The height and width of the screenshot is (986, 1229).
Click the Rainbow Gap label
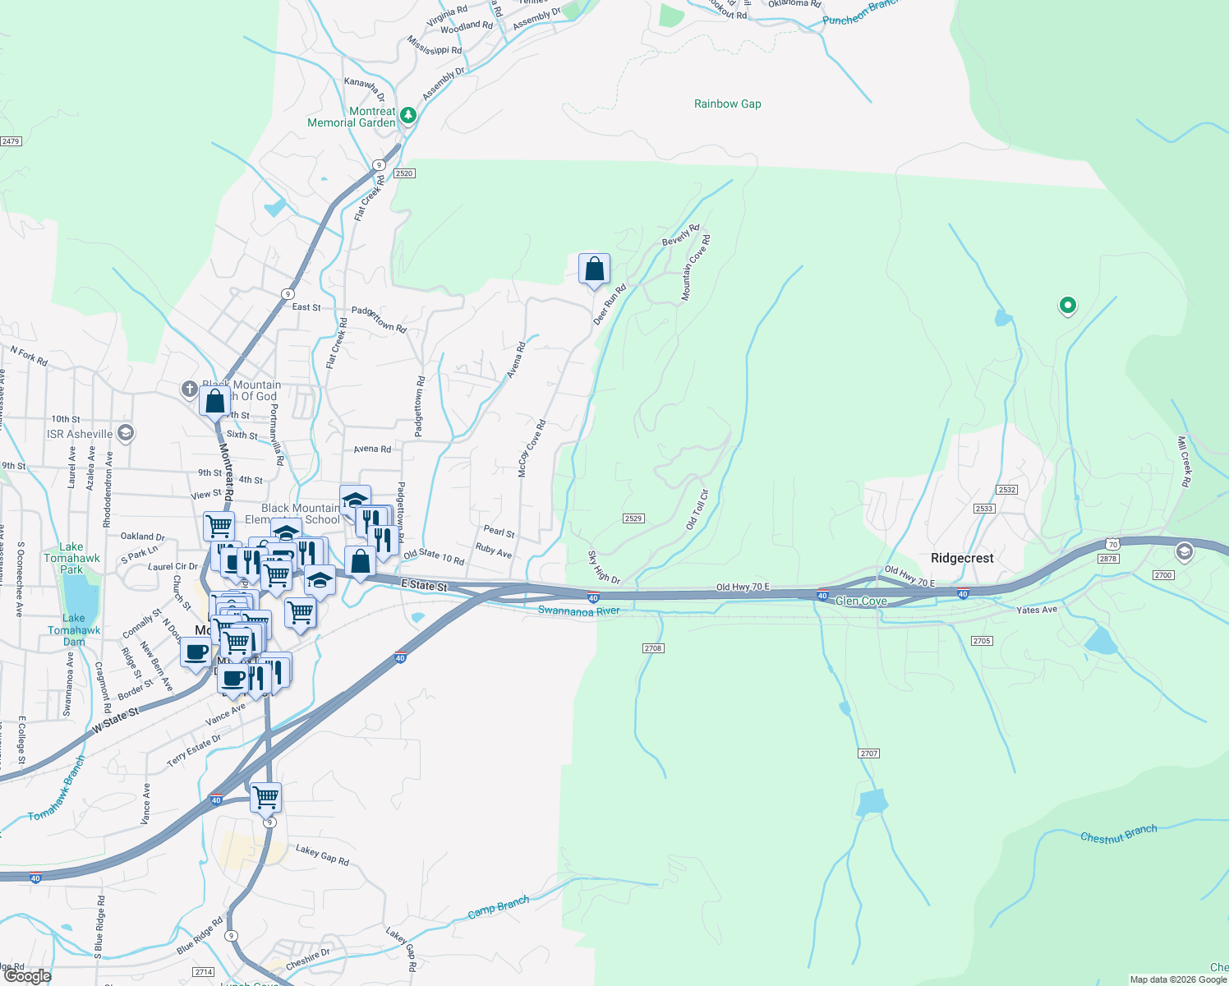pyautogui.click(x=727, y=104)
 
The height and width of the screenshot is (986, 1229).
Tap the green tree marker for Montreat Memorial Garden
pyautogui.click(x=407, y=116)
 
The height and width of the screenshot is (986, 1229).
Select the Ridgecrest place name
pyautogui.click(x=962, y=558)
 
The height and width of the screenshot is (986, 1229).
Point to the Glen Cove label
pyautogui.click(x=860, y=601)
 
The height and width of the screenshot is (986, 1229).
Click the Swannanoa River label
pyautogui.click(x=578, y=610)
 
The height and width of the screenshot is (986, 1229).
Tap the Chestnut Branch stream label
pyautogui.click(x=1118, y=834)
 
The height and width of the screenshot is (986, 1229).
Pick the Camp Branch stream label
pyautogui.click(x=498, y=908)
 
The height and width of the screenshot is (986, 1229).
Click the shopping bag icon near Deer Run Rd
pyautogui.click(x=594, y=270)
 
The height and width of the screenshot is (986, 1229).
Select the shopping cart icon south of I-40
pyautogui.click(x=265, y=796)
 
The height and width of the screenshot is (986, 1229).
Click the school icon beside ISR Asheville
pyautogui.click(x=126, y=433)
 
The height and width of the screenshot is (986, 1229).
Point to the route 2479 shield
pyautogui.click(x=11, y=141)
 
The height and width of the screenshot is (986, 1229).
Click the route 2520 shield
pyautogui.click(x=404, y=173)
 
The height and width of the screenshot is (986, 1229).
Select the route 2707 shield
pyautogui.click(x=868, y=753)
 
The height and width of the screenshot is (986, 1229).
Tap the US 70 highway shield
pyautogui.click(x=1112, y=544)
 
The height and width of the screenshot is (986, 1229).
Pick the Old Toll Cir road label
pyautogui.click(x=697, y=509)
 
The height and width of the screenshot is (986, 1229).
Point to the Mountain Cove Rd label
pyautogui.click(x=696, y=268)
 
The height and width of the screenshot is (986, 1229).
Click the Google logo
pyautogui.click(x=28, y=976)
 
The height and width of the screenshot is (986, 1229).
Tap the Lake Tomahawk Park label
pyautogui.click(x=71, y=558)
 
